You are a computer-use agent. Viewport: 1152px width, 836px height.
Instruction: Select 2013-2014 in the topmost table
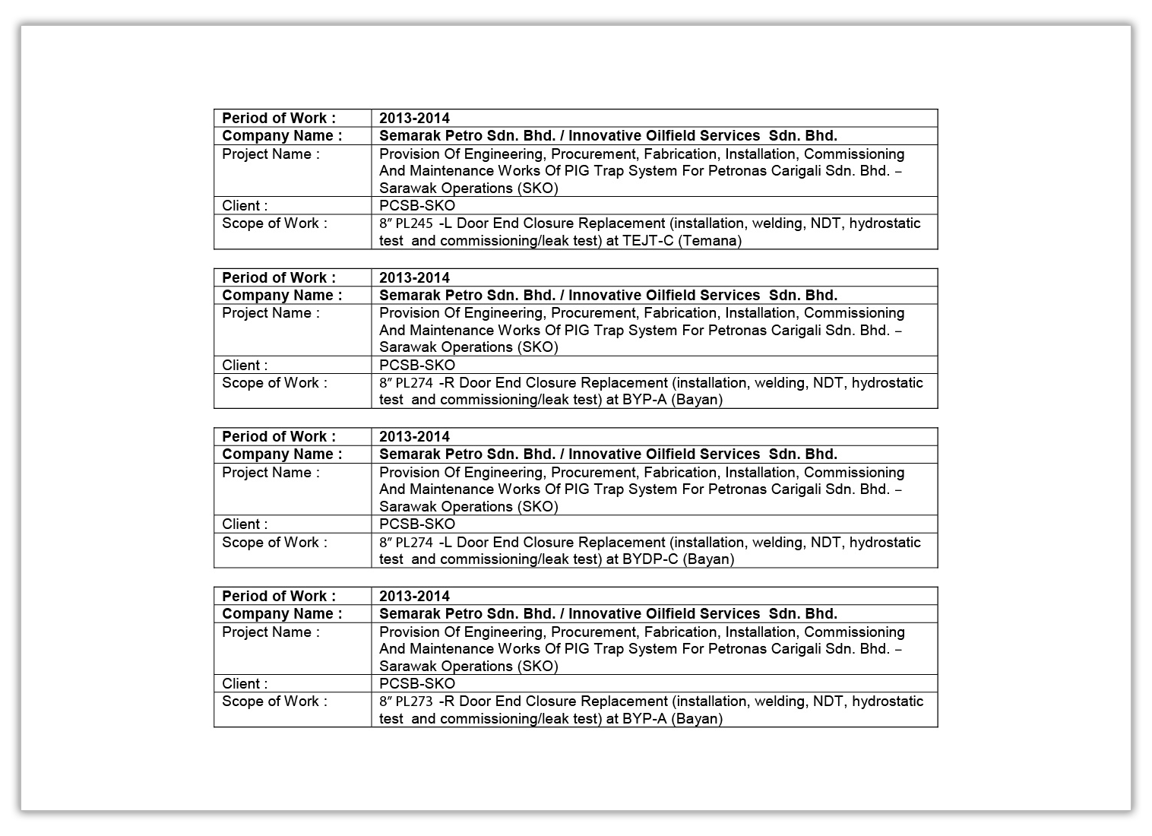point(414,118)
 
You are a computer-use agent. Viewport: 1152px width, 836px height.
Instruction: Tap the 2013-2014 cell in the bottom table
point(414,596)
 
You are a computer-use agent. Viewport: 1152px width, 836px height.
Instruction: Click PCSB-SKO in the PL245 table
point(417,205)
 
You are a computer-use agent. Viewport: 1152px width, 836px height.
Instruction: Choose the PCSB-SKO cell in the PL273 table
point(417,683)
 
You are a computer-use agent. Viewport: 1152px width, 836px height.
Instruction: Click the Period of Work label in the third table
point(278,436)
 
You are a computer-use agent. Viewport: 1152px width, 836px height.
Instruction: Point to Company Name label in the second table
point(281,295)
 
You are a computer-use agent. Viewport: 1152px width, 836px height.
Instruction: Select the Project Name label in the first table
point(271,154)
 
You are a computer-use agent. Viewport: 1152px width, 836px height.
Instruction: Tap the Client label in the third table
point(245,524)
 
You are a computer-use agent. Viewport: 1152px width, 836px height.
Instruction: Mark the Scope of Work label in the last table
point(274,701)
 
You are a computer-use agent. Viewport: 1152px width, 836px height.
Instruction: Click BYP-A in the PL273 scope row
point(644,719)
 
